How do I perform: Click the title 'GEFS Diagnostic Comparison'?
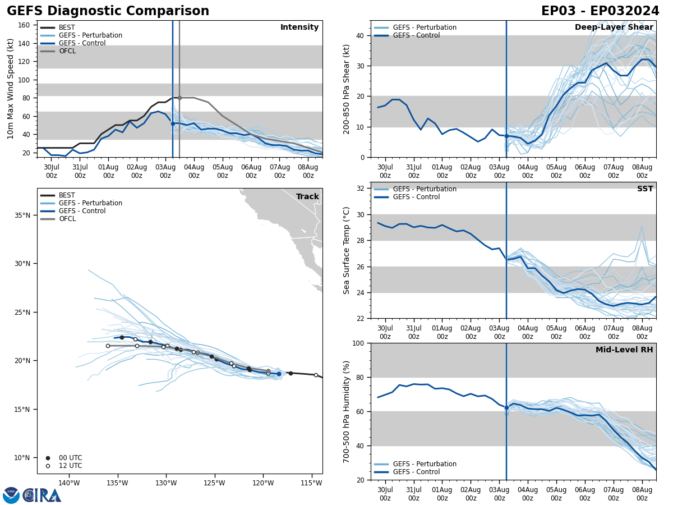click(108, 11)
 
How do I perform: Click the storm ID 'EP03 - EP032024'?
click(600, 11)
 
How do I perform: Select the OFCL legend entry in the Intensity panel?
click(67, 51)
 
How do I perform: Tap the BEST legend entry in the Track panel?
click(67, 195)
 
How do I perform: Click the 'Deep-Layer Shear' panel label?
click(614, 27)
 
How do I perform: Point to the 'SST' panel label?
click(645, 189)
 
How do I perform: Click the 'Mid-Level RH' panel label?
click(624, 350)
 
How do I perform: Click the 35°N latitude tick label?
click(22, 215)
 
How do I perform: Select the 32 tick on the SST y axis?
click(361, 188)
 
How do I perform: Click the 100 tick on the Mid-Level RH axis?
click(359, 343)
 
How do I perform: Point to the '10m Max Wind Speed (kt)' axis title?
click(11, 89)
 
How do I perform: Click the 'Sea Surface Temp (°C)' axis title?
click(347, 250)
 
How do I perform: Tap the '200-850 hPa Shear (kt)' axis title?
click(347, 89)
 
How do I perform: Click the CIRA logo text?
click(42, 495)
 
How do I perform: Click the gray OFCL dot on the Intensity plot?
click(179, 98)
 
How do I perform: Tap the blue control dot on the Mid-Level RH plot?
click(506, 408)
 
